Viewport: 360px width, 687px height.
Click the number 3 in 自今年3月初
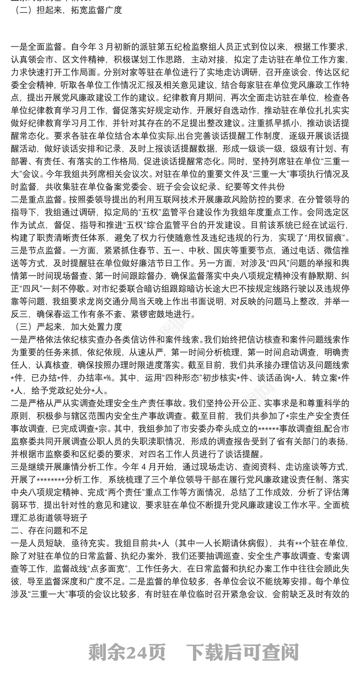tap(112, 46)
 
